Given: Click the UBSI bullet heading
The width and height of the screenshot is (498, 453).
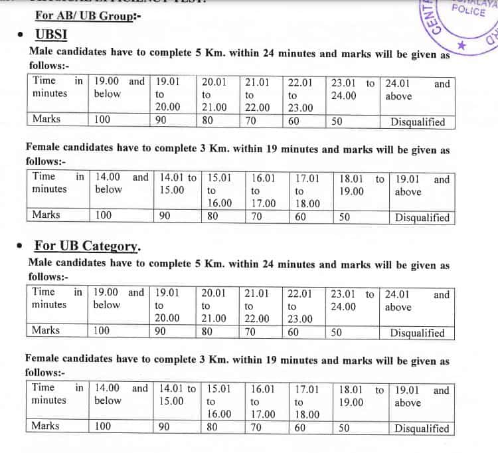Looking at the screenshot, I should pos(50,35).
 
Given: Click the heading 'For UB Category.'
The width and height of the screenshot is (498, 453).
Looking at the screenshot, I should pos(87,246).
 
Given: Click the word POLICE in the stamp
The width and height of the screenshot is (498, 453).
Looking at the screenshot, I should pos(467,10).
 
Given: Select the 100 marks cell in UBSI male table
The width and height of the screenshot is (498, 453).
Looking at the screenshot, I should pos(102,120).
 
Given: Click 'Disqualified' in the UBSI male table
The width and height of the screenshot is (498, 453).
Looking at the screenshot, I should pos(418,122).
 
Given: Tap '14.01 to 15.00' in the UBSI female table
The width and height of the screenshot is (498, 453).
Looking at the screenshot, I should pos(178,184).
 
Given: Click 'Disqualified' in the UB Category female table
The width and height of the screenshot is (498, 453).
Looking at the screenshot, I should pos(422,428).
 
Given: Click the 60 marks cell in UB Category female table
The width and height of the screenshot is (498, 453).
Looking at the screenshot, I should pos(299,428).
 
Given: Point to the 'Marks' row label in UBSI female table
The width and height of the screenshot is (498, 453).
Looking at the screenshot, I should pos(46,215).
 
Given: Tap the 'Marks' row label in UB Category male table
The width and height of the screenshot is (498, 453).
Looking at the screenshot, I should pos(46,330).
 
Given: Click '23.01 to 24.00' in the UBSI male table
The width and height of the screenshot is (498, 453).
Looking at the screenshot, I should pos(352,90).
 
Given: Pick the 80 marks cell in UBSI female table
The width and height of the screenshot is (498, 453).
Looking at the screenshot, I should pos(213,216).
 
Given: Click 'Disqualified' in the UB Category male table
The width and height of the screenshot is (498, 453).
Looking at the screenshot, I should pos(417,333).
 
